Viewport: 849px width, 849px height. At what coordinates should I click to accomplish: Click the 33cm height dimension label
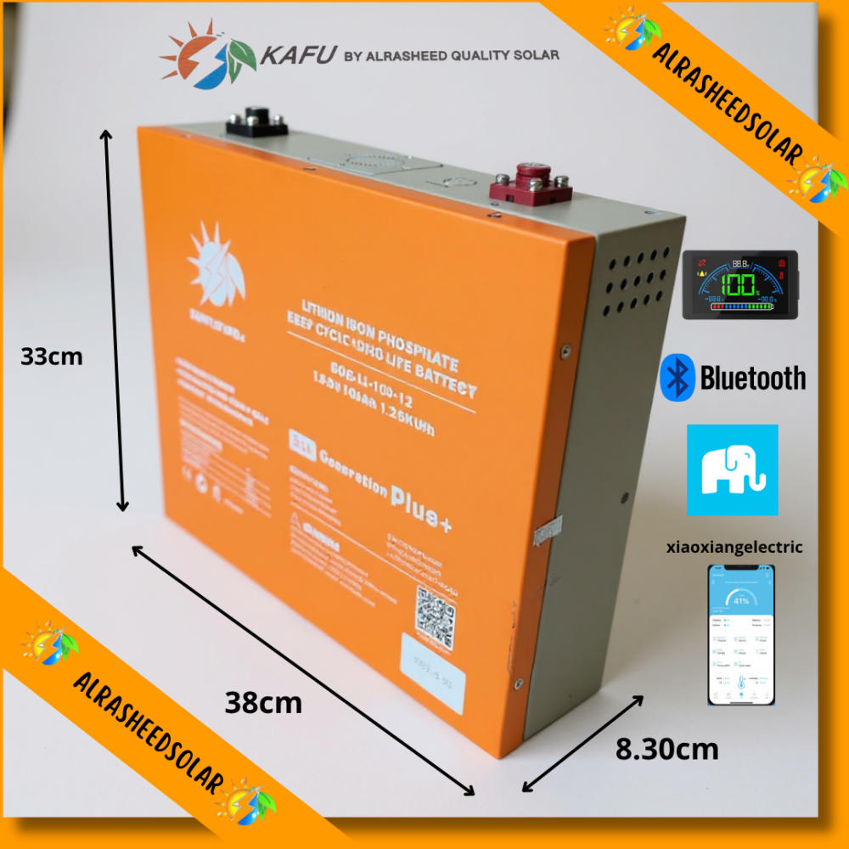click(x=52, y=357)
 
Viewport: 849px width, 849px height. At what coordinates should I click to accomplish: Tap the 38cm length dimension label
click(x=263, y=703)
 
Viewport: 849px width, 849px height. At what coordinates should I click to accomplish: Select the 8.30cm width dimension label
click(x=666, y=750)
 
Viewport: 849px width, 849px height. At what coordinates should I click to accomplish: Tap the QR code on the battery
click(x=436, y=614)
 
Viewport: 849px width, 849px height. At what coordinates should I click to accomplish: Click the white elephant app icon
click(x=732, y=470)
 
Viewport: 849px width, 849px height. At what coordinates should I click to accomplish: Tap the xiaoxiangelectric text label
click(x=736, y=548)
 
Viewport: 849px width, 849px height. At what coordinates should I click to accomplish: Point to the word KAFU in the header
click(x=295, y=56)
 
